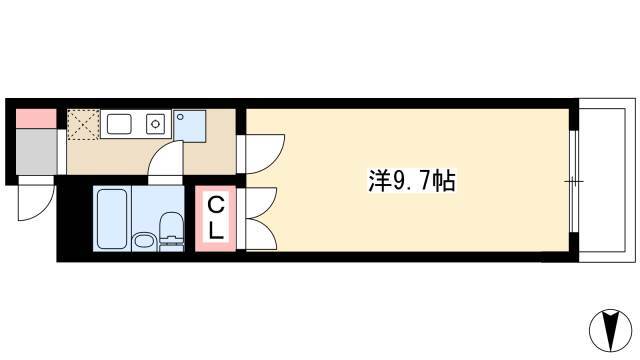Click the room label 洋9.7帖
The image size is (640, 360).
412,180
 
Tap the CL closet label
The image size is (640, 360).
216,218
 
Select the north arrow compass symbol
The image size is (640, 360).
610,328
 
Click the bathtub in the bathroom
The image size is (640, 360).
111,219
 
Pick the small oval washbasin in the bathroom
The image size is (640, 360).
144,241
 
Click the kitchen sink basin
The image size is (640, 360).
119,124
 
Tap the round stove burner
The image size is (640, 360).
155,123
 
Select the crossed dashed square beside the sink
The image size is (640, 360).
83,124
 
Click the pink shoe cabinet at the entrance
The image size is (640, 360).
36,119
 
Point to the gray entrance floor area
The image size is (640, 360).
36,152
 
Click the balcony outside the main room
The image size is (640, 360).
607,180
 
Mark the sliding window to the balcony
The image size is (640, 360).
574,181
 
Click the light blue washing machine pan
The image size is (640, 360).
189,126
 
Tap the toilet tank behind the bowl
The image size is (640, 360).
171,245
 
